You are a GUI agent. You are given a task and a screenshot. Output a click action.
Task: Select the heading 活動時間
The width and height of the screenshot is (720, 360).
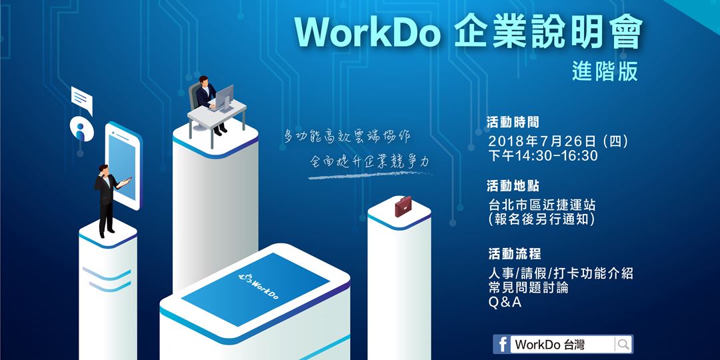514,122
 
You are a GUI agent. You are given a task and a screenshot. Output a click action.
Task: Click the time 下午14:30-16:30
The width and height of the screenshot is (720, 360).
543,156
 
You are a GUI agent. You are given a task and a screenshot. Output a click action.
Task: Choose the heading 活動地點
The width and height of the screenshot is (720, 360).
514,185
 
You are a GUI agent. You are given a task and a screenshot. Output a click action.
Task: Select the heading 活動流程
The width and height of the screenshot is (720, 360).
514,254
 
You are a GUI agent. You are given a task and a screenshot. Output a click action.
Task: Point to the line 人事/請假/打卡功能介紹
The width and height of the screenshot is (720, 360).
560,273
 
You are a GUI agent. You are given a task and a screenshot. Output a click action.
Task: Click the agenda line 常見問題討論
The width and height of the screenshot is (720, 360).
529,288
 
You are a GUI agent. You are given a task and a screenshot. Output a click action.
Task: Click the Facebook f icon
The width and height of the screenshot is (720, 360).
502,344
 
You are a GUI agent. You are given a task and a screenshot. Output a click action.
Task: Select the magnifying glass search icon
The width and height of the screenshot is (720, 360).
623,344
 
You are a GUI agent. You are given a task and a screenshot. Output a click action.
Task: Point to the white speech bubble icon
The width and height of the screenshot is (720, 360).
81,101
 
